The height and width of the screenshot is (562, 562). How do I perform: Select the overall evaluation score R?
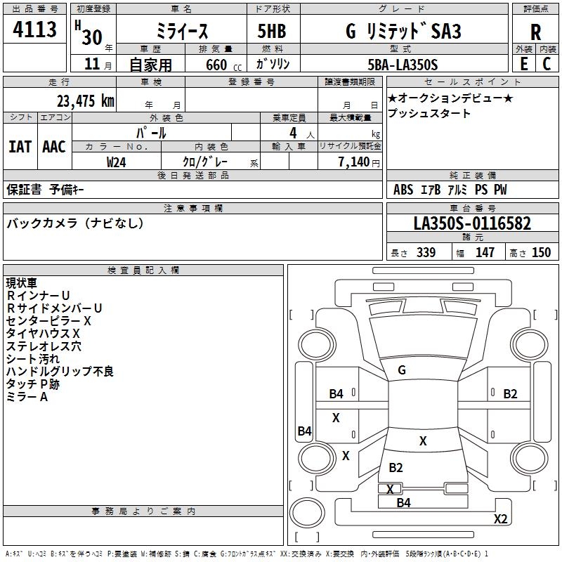535,32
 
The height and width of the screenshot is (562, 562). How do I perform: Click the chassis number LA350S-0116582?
472,224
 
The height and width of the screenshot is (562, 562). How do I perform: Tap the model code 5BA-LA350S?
403,65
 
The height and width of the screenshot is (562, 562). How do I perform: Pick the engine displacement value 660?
216,65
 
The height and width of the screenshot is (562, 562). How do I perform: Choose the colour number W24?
117,162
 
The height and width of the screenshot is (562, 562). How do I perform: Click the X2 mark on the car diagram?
500,519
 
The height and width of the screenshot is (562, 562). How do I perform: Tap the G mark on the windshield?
401,370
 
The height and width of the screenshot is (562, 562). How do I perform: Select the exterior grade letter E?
523,64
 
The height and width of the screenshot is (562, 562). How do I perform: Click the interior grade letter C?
547,64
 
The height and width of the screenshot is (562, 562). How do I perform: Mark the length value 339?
426,253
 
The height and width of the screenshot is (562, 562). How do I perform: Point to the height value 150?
541,253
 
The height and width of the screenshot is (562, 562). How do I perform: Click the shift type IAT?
20,147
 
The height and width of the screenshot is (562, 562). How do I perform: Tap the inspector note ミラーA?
27,397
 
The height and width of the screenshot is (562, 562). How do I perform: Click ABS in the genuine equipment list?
403,190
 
